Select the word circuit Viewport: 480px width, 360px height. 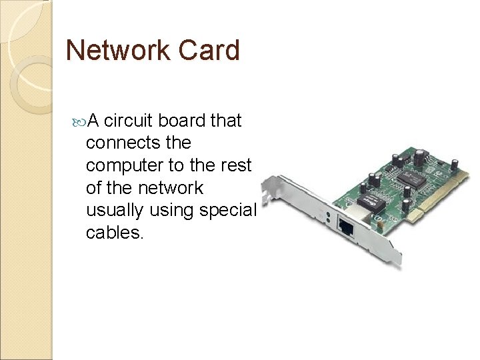pos(129,120)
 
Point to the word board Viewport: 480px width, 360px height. pos(181,120)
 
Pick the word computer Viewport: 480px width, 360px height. pos(123,165)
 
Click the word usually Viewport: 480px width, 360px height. pos(116,211)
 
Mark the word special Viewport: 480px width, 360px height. pos(231,211)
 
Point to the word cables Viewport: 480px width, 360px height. pos(114,233)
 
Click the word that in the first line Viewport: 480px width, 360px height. pos(226,120)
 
